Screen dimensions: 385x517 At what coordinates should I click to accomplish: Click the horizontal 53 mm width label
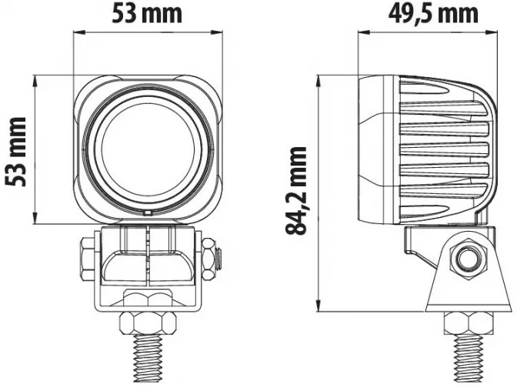click(x=148, y=13)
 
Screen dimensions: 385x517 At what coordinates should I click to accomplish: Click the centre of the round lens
click(x=146, y=149)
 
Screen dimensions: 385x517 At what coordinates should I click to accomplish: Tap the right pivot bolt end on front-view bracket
click(x=211, y=259)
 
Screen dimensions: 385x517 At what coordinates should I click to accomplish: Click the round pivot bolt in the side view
click(x=465, y=260)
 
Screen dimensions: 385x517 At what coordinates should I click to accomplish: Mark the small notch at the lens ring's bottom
click(x=146, y=210)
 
